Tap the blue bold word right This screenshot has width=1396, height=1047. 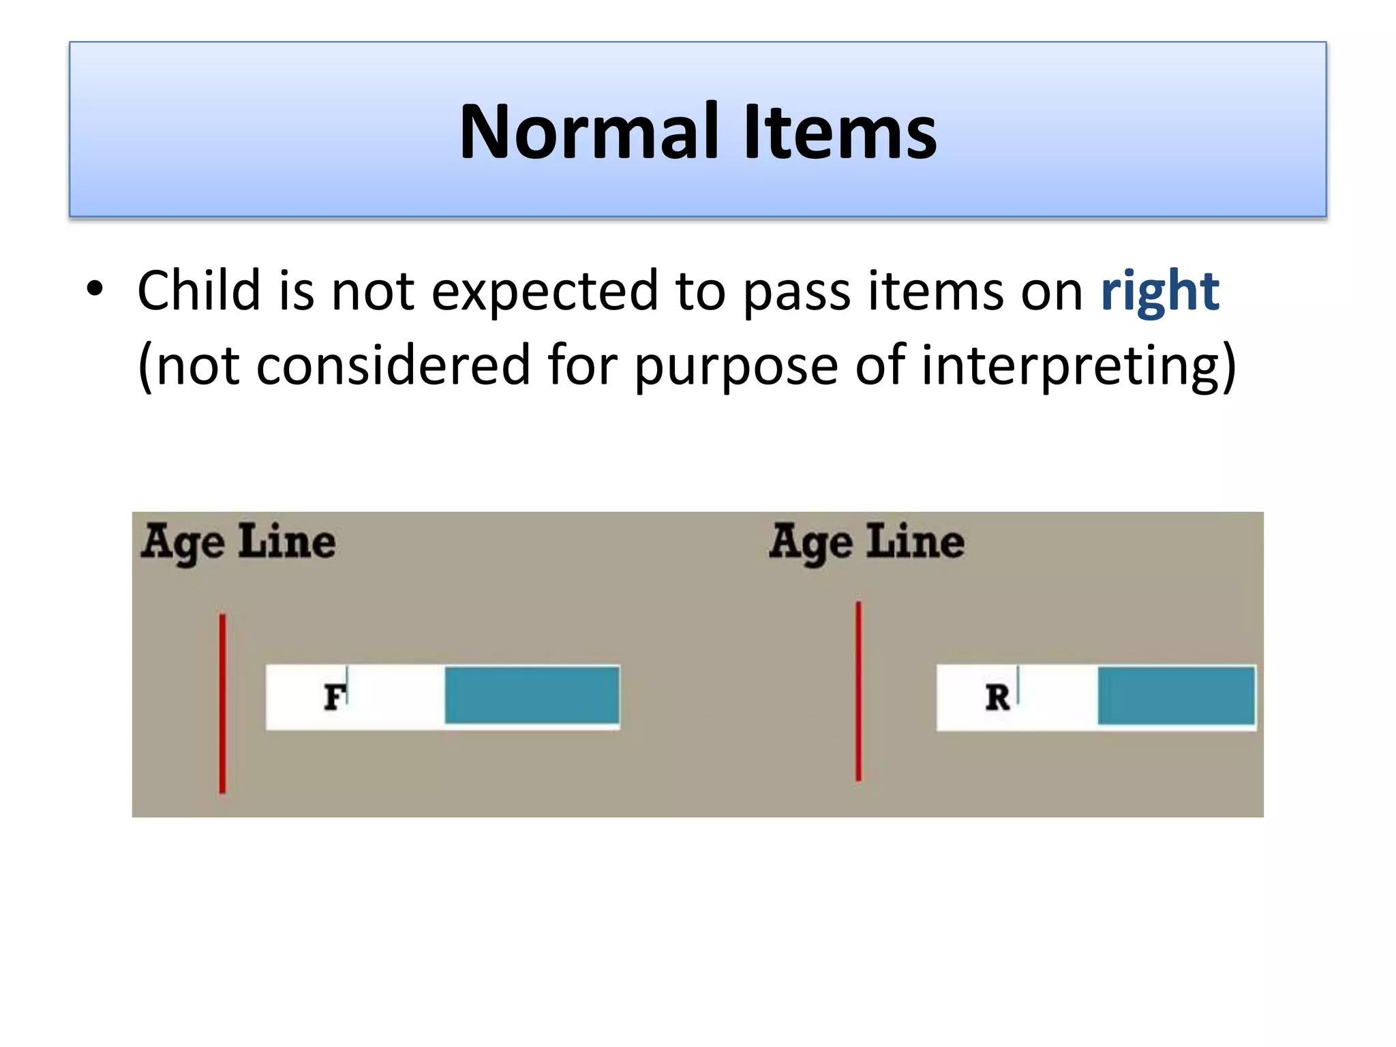pyautogui.click(x=1159, y=292)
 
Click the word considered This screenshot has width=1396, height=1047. pyautogui.click(x=393, y=365)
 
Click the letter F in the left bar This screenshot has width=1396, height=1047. pyautogui.click(x=333, y=697)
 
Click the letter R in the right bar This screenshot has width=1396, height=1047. pyautogui.click(x=998, y=697)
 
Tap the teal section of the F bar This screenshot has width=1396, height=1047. pyautogui.click(x=532, y=695)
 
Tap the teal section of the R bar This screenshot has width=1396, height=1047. pyautogui.click(x=1176, y=696)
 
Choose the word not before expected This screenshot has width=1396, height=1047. pyautogui.click(x=372, y=292)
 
